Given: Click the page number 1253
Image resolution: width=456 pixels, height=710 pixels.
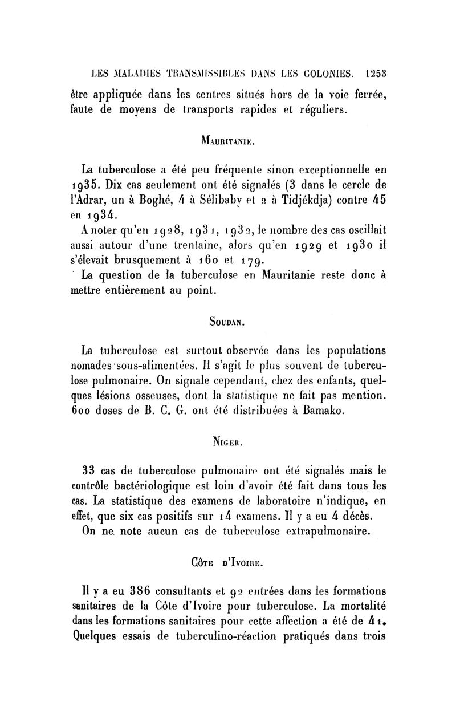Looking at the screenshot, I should pyautogui.click(x=377, y=73).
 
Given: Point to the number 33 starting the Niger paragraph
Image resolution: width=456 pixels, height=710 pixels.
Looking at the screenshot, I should pyautogui.click(x=89, y=472).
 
